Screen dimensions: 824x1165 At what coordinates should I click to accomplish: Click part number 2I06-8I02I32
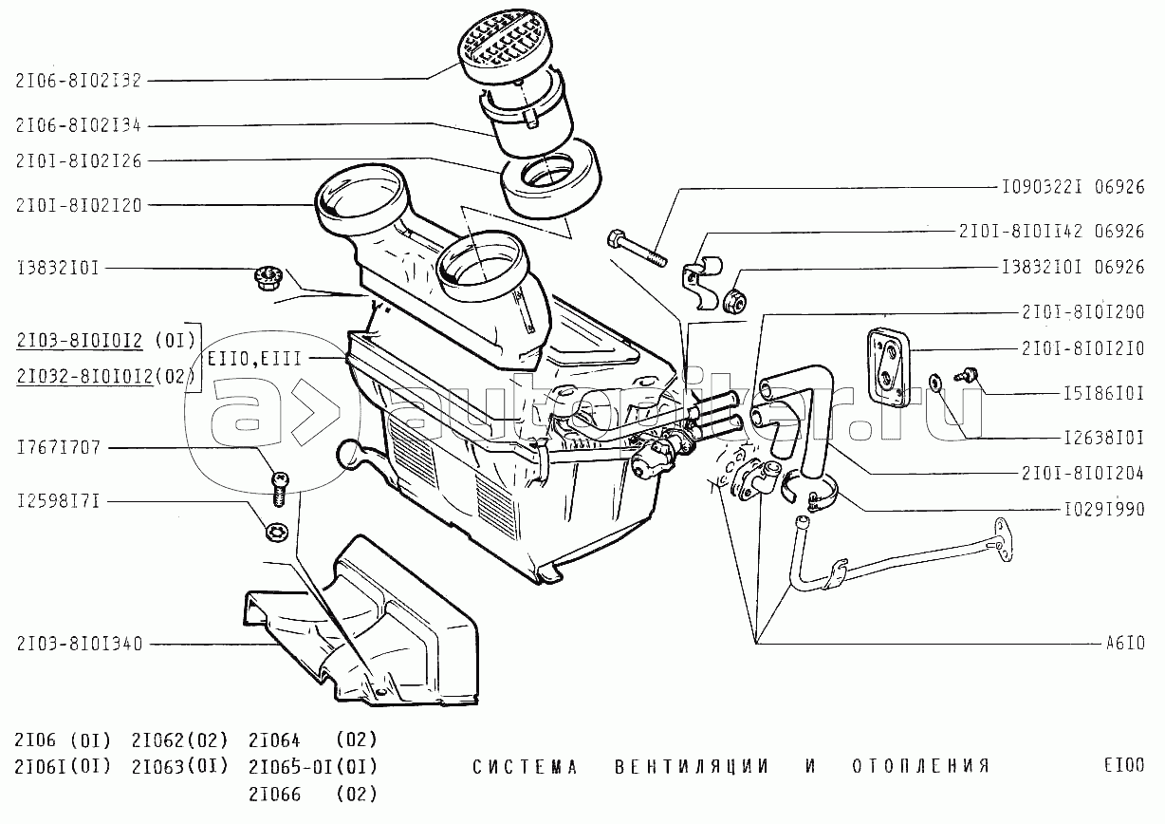click(78, 81)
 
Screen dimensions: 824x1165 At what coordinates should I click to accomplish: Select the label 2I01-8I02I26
click(78, 161)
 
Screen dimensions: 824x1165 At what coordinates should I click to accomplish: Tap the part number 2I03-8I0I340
click(78, 644)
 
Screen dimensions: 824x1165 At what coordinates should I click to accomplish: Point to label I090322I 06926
click(1073, 187)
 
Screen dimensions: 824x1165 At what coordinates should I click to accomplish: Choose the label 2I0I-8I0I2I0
click(1082, 347)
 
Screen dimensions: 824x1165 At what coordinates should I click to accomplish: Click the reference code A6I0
click(1124, 643)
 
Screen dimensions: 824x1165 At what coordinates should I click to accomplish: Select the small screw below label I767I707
click(280, 485)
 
